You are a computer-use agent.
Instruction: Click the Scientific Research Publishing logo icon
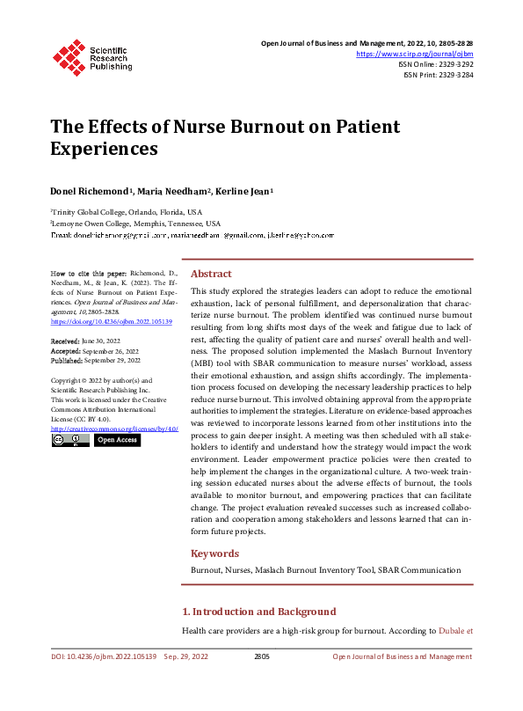coord(68,55)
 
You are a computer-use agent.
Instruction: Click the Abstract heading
coord(211,274)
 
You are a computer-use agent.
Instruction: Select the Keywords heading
coord(214,553)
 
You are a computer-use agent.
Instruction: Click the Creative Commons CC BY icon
coord(70,440)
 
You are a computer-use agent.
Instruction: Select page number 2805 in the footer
coord(261,656)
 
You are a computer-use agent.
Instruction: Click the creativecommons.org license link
coord(114,428)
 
